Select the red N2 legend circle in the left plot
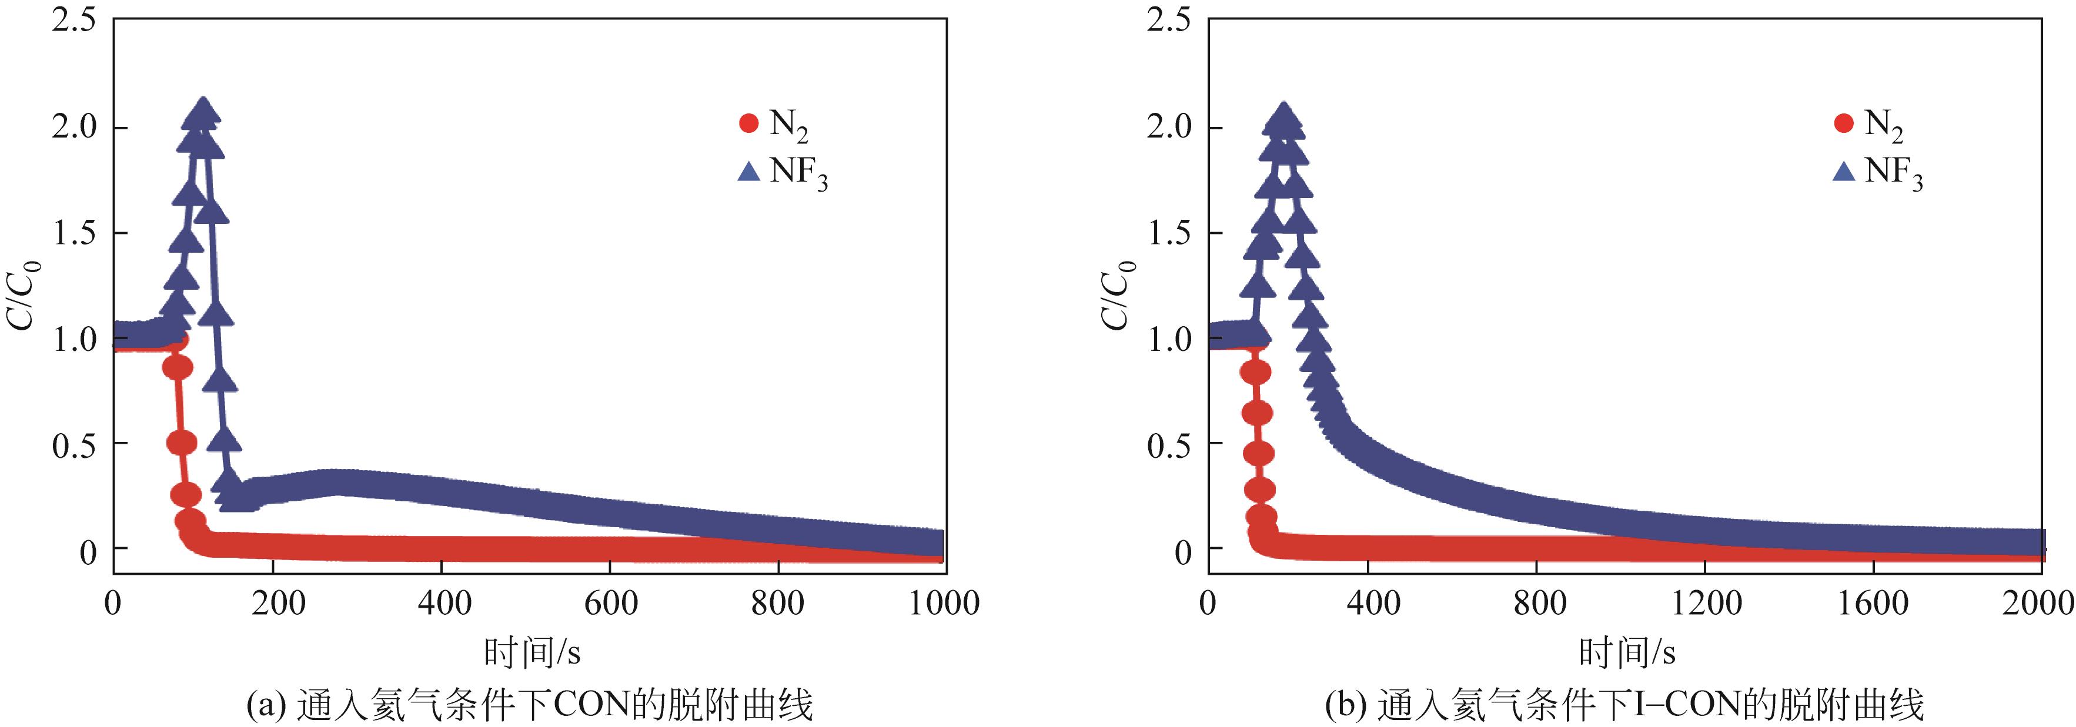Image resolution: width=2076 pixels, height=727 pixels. (748, 123)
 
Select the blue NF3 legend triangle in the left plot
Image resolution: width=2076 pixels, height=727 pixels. (748, 172)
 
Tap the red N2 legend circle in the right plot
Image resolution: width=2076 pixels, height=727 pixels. (1844, 123)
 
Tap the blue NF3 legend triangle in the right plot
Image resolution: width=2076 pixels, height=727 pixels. (1844, 172)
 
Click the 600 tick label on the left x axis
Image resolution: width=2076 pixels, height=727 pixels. (610, 603)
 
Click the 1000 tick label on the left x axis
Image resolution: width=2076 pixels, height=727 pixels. (944, 603)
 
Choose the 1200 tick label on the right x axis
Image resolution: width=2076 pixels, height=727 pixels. (1706, 603)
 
